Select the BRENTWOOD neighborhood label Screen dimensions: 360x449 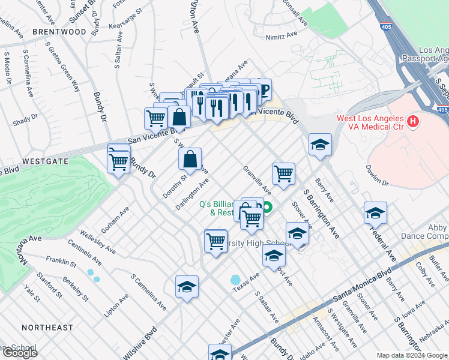[x=59, y=31]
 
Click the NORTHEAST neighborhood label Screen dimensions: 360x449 [x=47, y=328]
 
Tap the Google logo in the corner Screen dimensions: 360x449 [x=19, y=353]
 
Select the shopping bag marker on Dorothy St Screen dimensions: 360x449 [x=190, y=159]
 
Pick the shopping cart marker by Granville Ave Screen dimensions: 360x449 [x=283, y=173]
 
